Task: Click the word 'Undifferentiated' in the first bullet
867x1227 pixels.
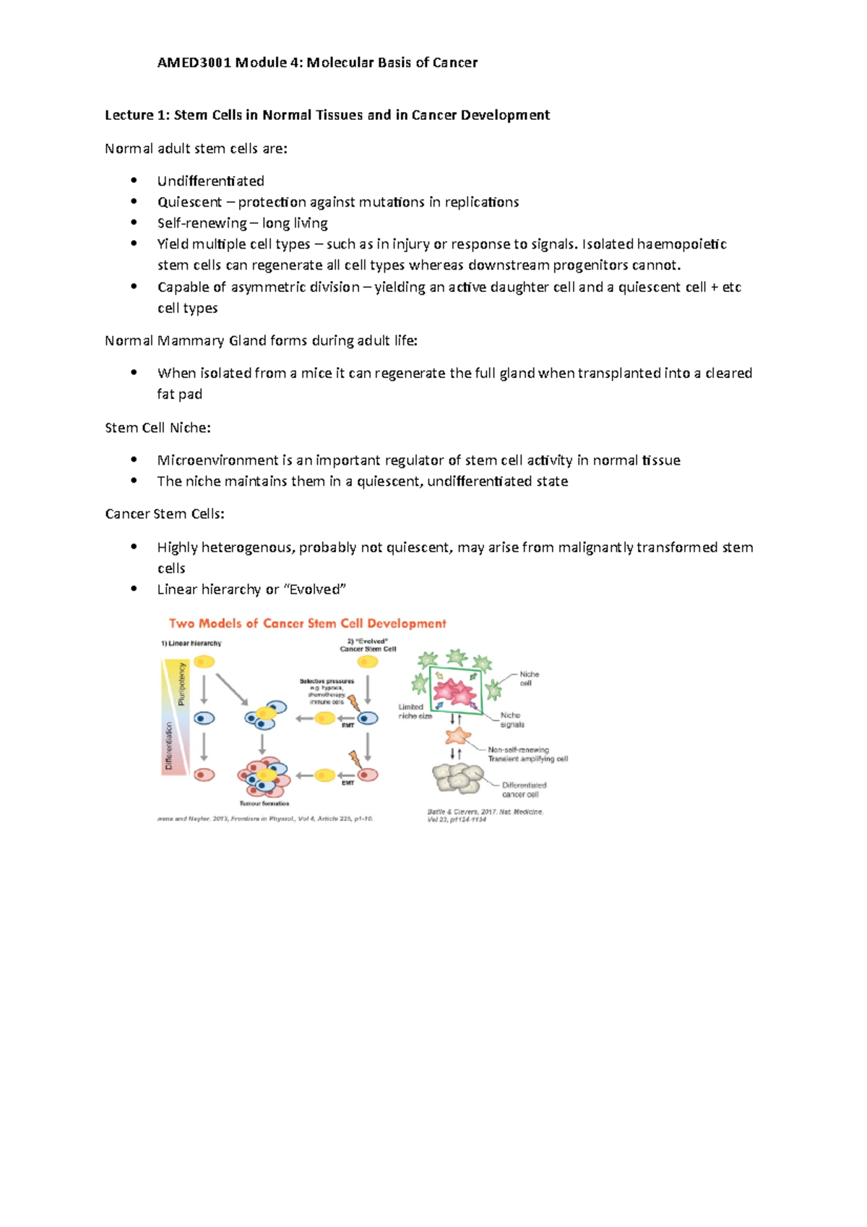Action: click(x=210, y=181)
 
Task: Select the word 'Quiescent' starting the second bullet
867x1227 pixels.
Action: click(x=189, y=202)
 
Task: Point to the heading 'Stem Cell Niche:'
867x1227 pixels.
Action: click(x=158, y=428)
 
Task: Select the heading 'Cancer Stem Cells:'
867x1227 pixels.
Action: click(x=165, y=514)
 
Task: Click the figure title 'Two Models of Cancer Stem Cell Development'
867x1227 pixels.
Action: click(x=307, y=624)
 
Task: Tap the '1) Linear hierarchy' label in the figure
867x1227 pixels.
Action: click(x=191, y=643)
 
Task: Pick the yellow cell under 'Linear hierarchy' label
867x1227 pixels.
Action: click(x=204, y=661)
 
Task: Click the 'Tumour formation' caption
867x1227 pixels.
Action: click(x=264, y=803)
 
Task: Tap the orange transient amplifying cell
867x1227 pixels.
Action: click(x=457, y=736)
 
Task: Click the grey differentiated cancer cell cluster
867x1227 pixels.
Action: click(x=458, y=778)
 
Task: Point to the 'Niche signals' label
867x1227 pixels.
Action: click(x=512, y=720)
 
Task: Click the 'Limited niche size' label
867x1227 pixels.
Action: click(x=415, y=712)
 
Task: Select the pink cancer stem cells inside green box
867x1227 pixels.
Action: click(x=455, y=692)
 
